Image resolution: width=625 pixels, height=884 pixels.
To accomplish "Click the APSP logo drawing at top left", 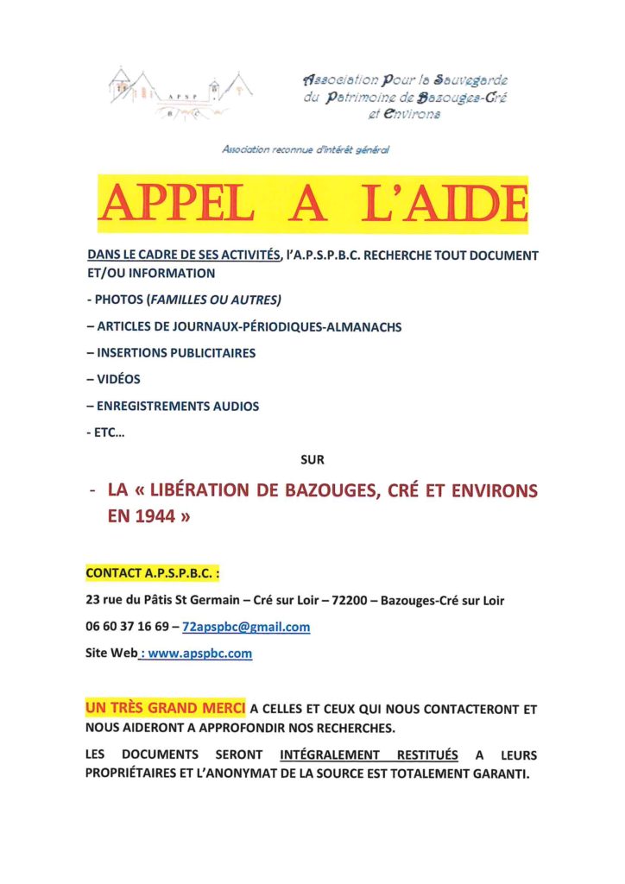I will click(x=180, y=93).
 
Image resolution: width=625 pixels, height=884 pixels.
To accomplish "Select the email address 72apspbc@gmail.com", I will click(x=247, y=627).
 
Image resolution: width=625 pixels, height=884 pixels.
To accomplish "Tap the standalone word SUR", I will click(x=312, y=460).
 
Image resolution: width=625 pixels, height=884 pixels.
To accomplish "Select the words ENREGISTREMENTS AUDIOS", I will click(x=178, y=406).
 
